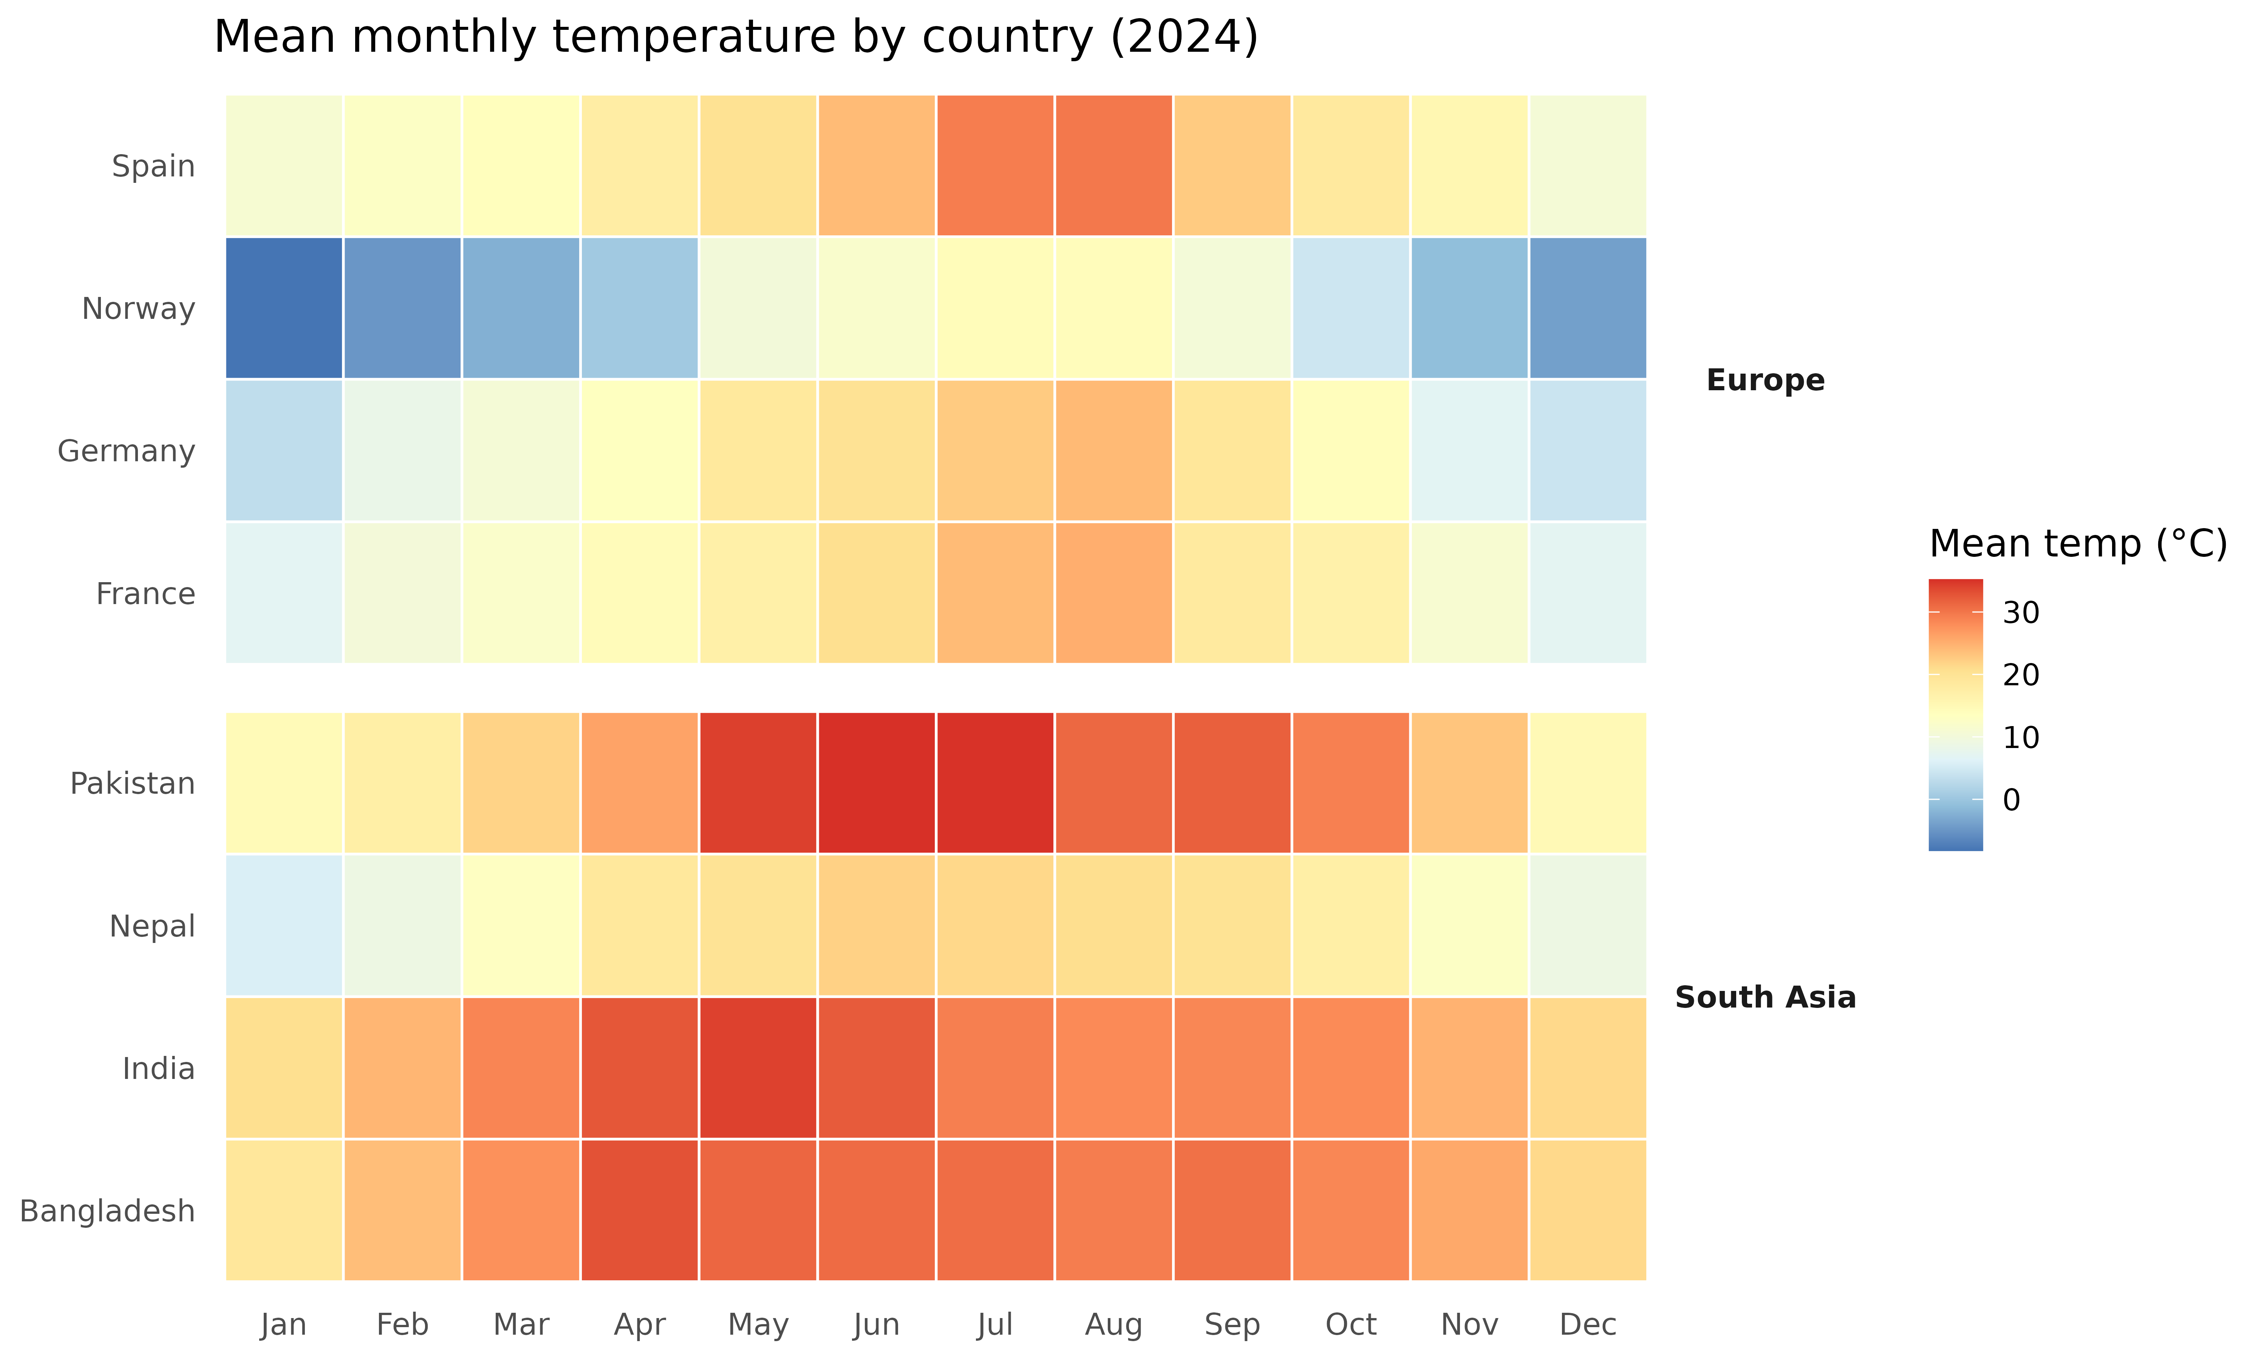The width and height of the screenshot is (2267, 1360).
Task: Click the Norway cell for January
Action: point(284,308)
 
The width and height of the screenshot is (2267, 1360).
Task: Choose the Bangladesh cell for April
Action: point(640,1210)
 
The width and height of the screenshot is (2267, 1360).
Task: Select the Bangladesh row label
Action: point(107,1211)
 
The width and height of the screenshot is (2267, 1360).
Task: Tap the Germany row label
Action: point(127,451)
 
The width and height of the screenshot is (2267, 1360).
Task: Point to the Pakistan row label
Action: point(133,784)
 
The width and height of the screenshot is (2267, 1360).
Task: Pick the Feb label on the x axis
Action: point(402,1324)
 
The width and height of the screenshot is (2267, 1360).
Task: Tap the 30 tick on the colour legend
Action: point(2021,612)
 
